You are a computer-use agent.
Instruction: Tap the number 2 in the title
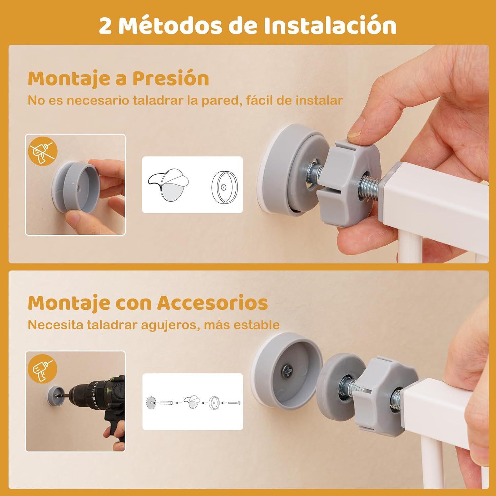pyautogui.click(x=105, y=26)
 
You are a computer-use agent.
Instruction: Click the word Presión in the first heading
pyautogui.click(x=171, y=79)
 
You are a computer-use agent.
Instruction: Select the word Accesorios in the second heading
pyautogui.click(x=212, y=303)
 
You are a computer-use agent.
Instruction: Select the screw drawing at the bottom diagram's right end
pyautogui.click(x=233, y=403)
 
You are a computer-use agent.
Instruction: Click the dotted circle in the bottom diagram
pyautogui.click(x=151, y=403)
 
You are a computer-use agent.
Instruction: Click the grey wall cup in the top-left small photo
pyautogui.click(x=73, y=187)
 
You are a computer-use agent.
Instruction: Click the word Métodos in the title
pyautogui.click(x=170, y=25)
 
